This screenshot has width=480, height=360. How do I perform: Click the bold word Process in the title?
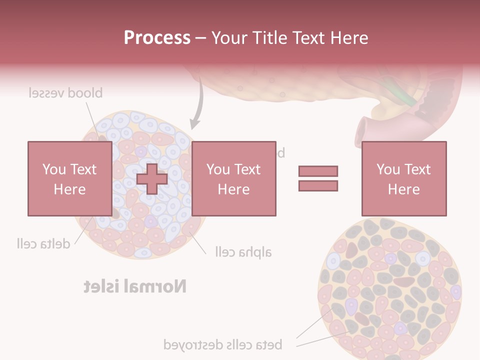[x=157, y=38]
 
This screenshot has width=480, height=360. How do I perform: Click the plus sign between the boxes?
[x=152, y=179]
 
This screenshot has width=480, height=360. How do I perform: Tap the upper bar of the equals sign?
[x=318, y=171]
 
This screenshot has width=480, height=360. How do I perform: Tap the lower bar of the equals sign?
[x=318, y=186]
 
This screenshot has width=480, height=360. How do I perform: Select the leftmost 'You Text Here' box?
[x=69, y=178]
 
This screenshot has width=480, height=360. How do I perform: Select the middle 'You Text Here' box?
[x=233, y=178]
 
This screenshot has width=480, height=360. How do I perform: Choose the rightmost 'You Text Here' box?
[x=403, y=178]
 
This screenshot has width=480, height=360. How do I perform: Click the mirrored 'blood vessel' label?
[x=65, y=93]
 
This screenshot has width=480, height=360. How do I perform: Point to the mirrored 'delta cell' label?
[x=42, y=243]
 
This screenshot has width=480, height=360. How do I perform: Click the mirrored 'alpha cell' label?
[x=243, y=251]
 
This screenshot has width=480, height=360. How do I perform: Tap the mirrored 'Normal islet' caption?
[x=135, y=286]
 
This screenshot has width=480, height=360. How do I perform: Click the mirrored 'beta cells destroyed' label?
[x=223, y=344]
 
